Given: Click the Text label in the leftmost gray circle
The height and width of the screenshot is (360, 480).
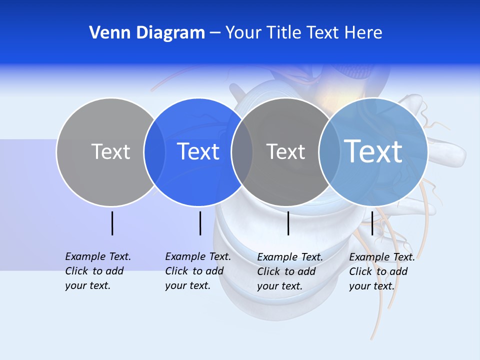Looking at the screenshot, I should pyautogui.click(x=110, y=151).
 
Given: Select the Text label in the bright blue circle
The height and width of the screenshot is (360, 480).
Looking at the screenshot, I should pyautogui.click(x=198, y=151).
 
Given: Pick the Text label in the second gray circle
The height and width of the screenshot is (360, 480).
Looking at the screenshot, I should pyautogui.click(x=285, y=151).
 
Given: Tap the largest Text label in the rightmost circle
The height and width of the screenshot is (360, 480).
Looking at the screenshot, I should pyautogui.click(x=373, y=151).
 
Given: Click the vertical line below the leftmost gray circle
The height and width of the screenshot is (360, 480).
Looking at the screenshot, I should pyautogui.click(x=112, y=223).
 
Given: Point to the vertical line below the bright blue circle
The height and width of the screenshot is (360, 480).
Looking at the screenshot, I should pyautogui.click(x=200, y=223).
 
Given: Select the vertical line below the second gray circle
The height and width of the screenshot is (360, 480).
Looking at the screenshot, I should pyautogui.click(x=288, y=223).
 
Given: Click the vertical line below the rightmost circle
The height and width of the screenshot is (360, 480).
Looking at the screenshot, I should pyautogui.click(x=372, y=223).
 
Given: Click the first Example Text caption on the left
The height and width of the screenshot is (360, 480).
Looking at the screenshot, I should pyautogui.click(x=97, y=271).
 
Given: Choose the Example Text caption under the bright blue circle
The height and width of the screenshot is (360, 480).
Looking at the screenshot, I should pyautogui.click(x=197, y=271).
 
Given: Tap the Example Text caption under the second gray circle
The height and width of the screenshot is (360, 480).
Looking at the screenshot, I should pyautogui.click(x=289, y=271).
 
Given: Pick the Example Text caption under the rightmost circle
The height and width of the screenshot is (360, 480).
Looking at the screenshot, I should pyautogui.click(x=381, y=271).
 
